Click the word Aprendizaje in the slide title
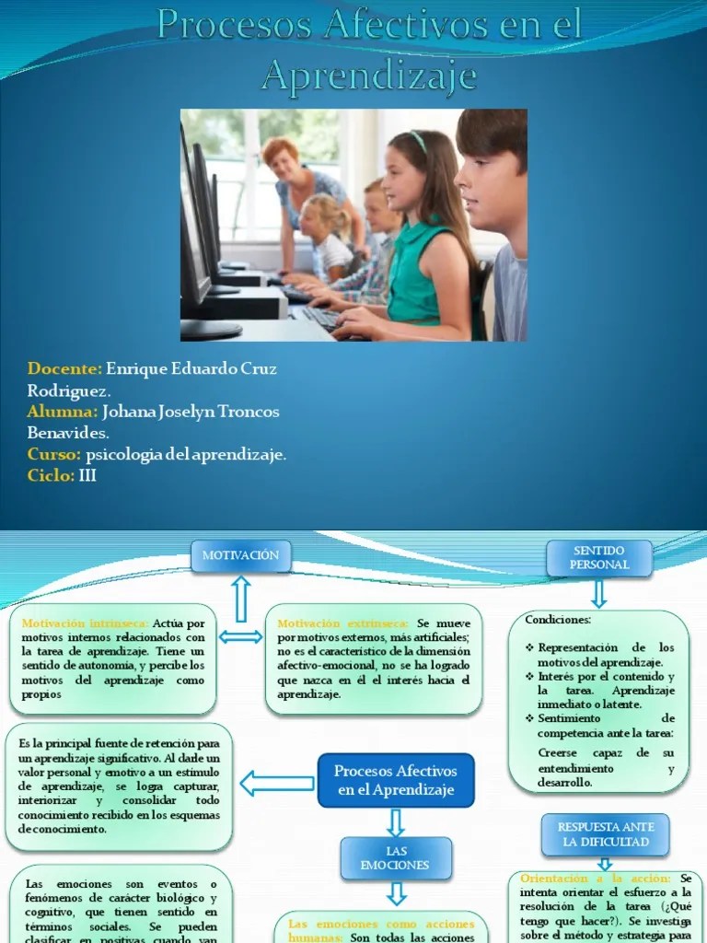coord(369,76)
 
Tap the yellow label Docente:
coord(64,368)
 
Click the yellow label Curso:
coord(54,455)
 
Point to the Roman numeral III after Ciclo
coord(87,476)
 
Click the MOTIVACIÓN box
coord(240,555)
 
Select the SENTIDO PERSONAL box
coord(599,557)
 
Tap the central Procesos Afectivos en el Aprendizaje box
coord(396,781)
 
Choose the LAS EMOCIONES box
coord(397,857)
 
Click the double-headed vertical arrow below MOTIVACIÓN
coord(241,599)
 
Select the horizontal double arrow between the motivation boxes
coord(240,637)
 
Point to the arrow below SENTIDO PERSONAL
coord(599,593)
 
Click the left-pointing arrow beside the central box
coord(276,784)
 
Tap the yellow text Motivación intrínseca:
coord(84,623)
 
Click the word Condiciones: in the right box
coord(558,620)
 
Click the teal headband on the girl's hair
coord(420,141)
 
